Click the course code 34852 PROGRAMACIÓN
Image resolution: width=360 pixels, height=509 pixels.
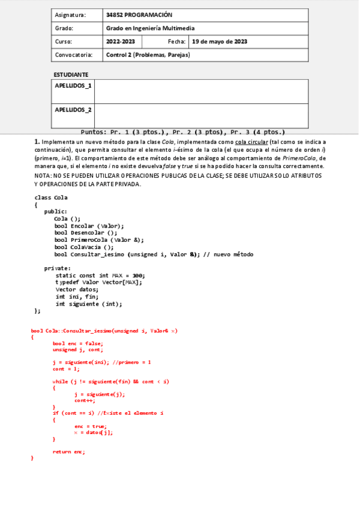tap(139, 14)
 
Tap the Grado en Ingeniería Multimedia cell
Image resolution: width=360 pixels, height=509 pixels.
tap(150, 28)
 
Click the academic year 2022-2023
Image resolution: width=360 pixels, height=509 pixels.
tap(121, 41)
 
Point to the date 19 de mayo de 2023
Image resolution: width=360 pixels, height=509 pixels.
tap(220, 41)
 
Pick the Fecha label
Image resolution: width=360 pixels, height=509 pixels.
tap(177, 41)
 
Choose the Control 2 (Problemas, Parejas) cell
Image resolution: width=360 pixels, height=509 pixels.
tap(148, 55)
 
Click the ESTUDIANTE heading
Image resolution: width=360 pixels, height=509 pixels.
tap(71, 74)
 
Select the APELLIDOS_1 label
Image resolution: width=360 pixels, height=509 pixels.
tap(73, 85)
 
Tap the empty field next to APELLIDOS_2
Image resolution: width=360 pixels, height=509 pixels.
tap(201, 115)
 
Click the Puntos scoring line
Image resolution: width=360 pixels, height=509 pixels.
tap(182, 131)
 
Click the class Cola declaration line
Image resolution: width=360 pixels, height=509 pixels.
tap(51, 197)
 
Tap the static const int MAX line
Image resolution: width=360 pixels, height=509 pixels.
tap(100, 276)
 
